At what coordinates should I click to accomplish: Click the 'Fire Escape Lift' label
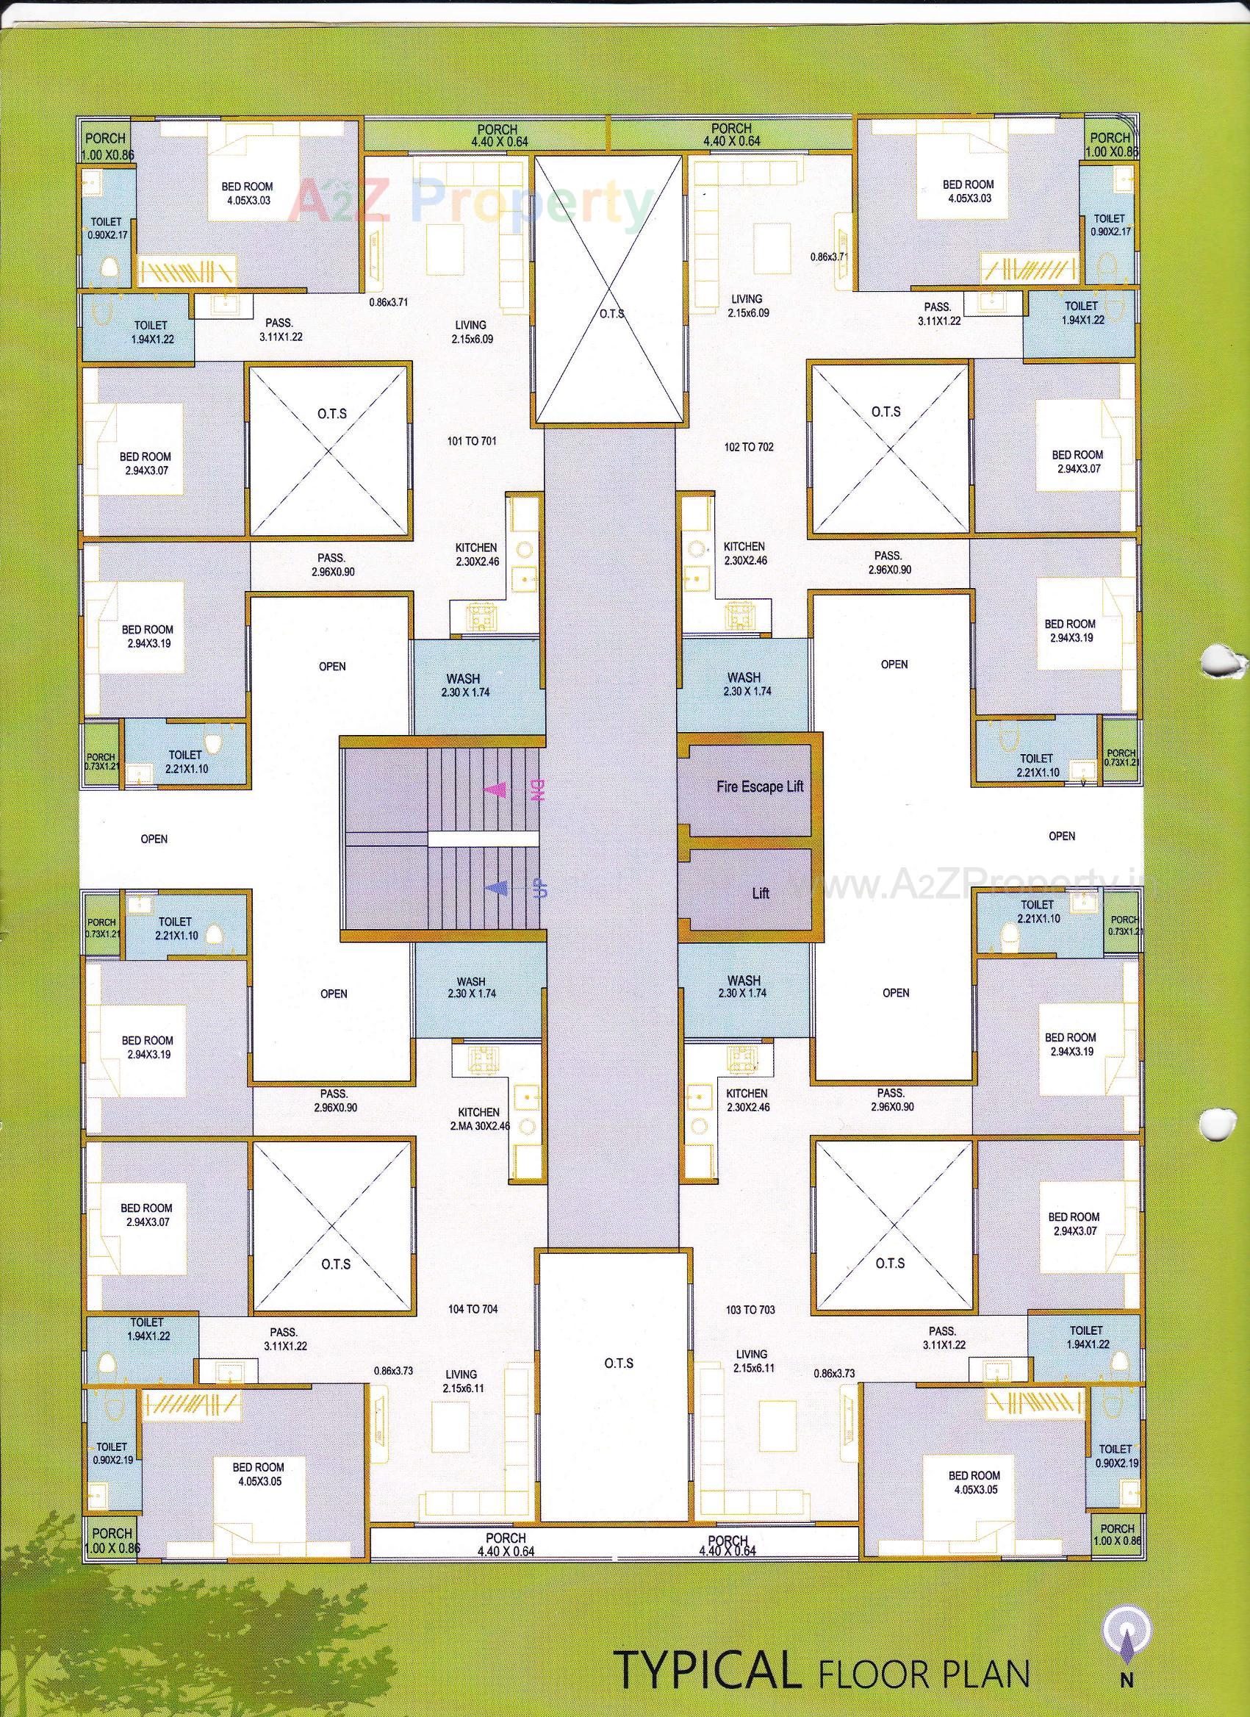click(759, 786)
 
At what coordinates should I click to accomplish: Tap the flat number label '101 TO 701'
click(472, 440)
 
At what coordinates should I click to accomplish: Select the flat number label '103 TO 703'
click(750, 1309)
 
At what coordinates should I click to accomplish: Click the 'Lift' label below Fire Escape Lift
click(760, 893)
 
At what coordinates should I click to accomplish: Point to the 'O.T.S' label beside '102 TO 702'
click(885, 412)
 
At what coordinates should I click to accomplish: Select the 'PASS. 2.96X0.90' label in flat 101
click(333, 564)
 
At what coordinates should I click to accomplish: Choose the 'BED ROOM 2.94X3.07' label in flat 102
click(1077, 461)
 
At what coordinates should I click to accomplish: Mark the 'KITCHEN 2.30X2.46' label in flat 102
click(744, 553)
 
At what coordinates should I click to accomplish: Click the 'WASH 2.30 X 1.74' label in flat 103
click(743, 986)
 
